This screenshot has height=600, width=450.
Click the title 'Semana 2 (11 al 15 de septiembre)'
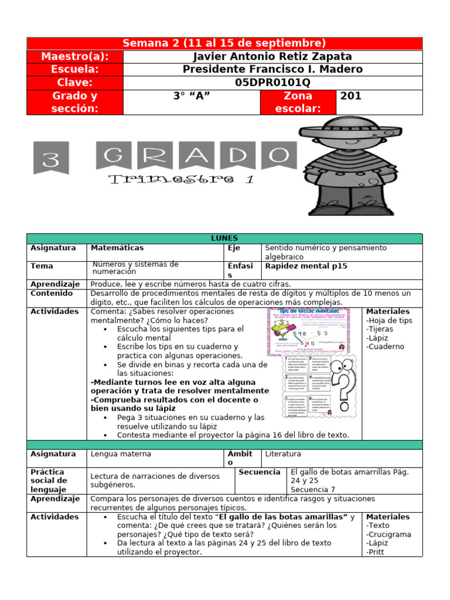(224, 43)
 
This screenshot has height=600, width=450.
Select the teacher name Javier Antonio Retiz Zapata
(272, 56)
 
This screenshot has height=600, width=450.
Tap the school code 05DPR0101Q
(272, 82)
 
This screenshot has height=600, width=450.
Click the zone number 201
(352, 96)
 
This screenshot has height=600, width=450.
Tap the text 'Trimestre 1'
(182, 179)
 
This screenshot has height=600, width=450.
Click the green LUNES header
(224, 238)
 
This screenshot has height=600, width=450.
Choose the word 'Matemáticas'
(117, 248)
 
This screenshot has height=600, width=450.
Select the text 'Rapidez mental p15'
(306, 266)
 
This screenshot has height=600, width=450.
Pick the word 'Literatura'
(285, 454)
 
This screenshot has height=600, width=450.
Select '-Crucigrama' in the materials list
(388, 534)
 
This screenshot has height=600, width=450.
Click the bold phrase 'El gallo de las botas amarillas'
(282, 517)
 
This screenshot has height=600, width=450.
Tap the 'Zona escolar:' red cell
(298, 102)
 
